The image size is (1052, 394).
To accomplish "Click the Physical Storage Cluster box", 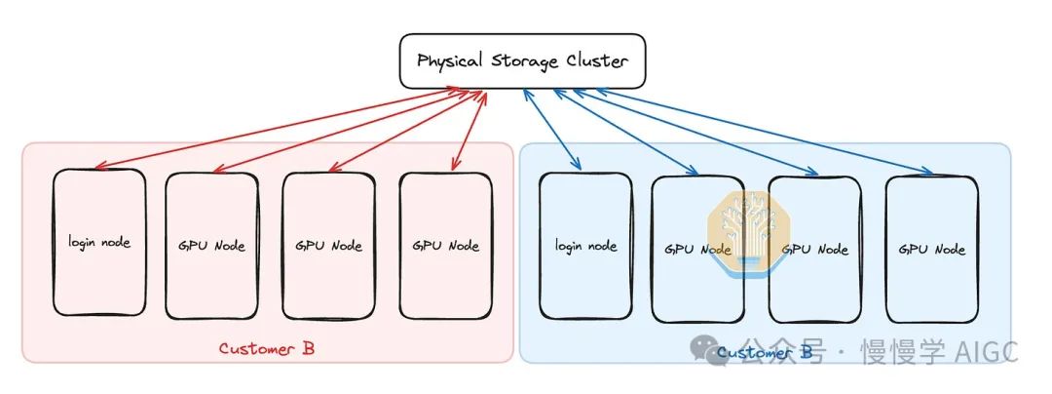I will point(523,60).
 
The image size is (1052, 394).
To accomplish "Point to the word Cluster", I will point(594,60).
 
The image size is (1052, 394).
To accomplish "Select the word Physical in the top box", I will point(451,61).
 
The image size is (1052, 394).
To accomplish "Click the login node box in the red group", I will point(99,243).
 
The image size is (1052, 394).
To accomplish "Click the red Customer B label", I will point(266,348).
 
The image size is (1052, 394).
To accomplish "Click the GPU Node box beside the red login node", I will point(211,246).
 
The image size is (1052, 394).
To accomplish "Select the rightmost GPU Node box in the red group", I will point(446,246).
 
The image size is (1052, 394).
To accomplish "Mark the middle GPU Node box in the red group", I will point(328,246).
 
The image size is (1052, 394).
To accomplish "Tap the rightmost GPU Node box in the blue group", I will point(930,249).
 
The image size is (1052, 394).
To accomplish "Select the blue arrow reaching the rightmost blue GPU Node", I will point(760,132).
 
